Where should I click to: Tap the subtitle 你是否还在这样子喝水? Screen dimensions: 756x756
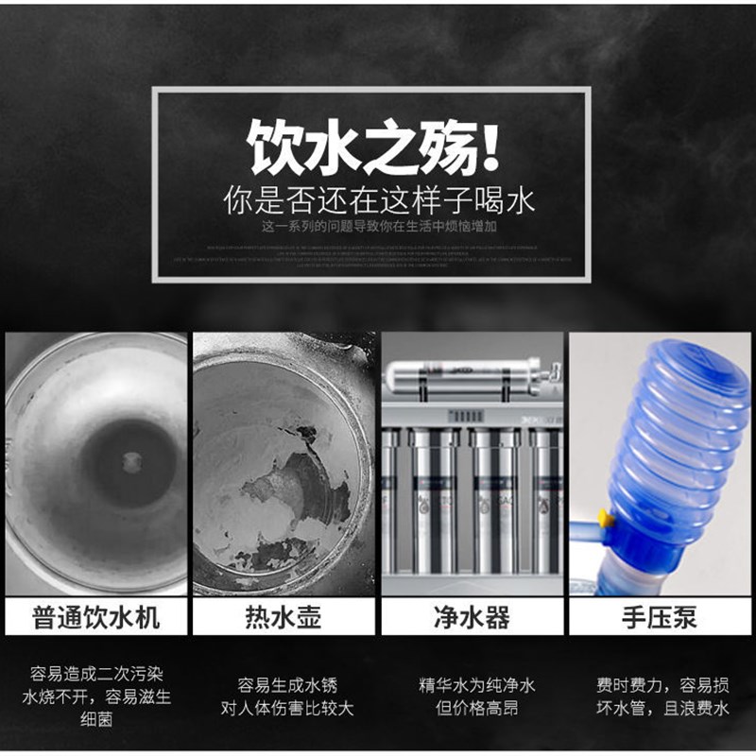378,200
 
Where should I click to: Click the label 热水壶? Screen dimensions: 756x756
283,618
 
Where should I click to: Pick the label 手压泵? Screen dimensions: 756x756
659,618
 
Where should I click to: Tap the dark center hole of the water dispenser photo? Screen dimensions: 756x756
129,461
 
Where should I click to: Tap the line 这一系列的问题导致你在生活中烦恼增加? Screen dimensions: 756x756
377,228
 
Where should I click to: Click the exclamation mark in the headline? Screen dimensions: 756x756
488,146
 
